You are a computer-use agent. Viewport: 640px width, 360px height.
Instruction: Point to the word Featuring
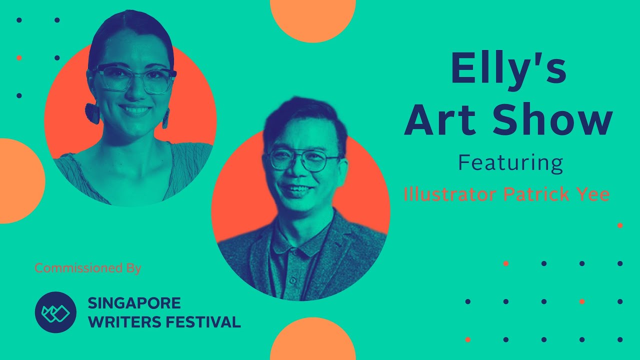(510, 163)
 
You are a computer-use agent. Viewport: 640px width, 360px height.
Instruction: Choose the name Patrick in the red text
(537, 194)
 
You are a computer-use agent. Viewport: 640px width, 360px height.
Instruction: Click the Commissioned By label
(88, 268)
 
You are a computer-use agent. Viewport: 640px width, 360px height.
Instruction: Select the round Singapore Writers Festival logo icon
(55, 312)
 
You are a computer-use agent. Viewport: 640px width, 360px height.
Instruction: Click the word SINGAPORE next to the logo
(134, 303)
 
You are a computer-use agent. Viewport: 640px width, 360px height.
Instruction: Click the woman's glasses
(133, 79)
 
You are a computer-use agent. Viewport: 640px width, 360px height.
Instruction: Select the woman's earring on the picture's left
(92, 113)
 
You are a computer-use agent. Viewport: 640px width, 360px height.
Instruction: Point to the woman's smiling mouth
(134, 110)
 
